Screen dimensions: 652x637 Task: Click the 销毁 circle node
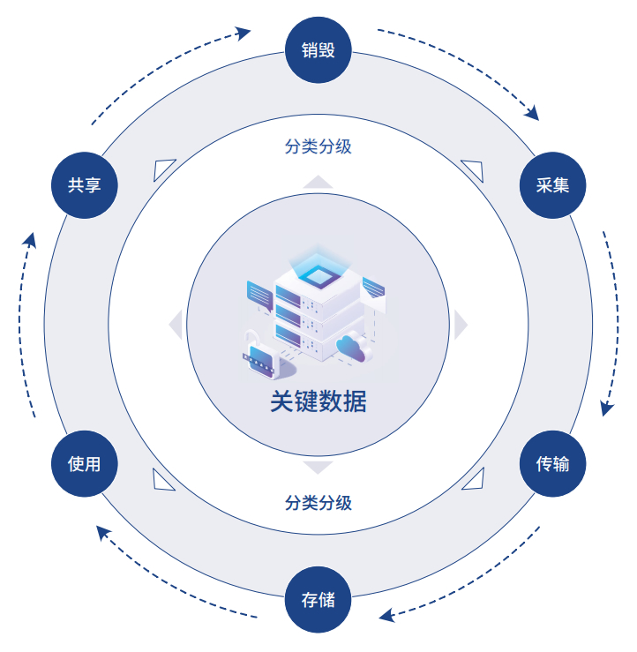point(318,49)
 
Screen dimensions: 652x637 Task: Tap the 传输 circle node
point(553,463)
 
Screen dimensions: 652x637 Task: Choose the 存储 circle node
point(318,601)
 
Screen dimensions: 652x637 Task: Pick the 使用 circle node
point(85,463)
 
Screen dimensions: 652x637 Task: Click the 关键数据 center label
point(318,401)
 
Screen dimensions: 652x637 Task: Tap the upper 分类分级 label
point(318,146)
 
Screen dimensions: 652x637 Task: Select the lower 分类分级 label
point(318,503)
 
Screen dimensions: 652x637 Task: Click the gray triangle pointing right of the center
point(460,325)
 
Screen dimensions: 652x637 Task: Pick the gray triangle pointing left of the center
point(176,325)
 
